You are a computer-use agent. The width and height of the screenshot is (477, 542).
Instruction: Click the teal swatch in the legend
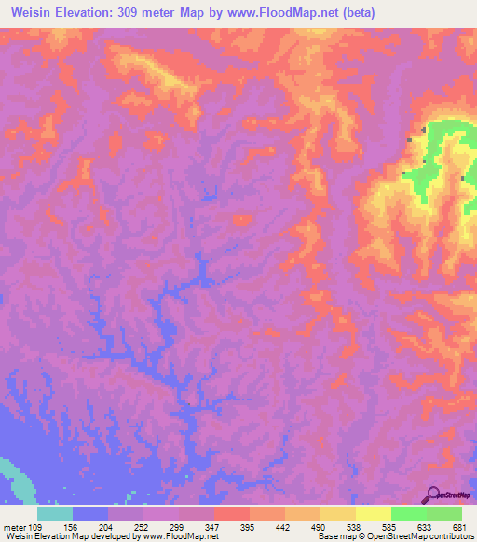coord(55,513)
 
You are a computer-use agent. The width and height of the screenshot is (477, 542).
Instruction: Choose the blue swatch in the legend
coord(90,513)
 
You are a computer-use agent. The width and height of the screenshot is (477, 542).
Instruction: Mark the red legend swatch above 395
coord(232,513)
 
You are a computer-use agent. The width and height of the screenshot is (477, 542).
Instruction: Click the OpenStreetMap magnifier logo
coord(433,494)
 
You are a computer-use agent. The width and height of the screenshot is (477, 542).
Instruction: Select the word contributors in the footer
coord(444,536)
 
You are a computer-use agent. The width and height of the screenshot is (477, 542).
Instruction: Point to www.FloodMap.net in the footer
coord(182,536)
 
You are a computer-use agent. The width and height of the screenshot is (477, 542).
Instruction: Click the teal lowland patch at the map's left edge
coord(13,475)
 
